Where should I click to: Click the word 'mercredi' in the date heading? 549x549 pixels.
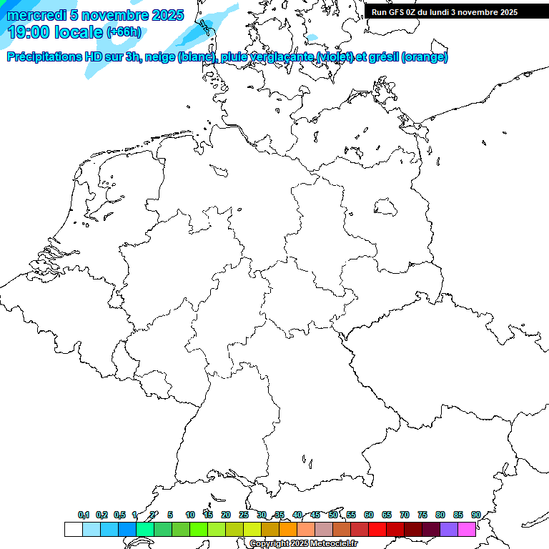click(36, 15)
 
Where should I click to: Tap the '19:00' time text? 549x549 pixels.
click(29, 32)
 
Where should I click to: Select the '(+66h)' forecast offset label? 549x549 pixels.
click(124, 32)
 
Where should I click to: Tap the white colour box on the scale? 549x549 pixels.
click(73, 530)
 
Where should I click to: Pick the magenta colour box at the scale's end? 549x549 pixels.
click(467, 530)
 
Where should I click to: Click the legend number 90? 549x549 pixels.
click(475, 515)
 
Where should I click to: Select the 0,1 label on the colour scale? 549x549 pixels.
click(84, 515)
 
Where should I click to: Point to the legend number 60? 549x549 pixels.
click(369, 515)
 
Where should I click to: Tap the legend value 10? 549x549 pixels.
click(190, 515)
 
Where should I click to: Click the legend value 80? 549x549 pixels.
click(440, 515)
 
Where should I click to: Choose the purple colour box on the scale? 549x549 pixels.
click(449, 530)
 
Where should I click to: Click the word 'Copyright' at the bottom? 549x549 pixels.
click(269, 544)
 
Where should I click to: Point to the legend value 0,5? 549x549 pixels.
click(119, 515)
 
